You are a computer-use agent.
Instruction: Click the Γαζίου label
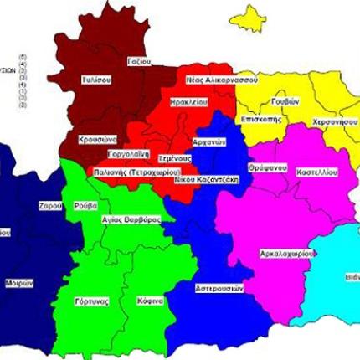(139, 61)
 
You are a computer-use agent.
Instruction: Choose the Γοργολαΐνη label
(128, 156)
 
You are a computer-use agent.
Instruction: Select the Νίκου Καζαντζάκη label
(198, 178)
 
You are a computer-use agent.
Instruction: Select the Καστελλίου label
(317, 171)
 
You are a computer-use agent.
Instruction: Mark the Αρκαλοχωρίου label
(287, 251)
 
